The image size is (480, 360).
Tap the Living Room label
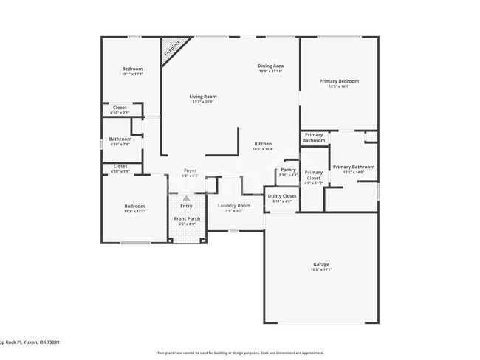tap(202, 97)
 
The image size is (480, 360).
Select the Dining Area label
tap(270, 66)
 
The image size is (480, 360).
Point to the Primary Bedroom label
tap(339, 81)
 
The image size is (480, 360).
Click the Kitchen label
tap(263, 144)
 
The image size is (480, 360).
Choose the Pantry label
tap(288, 170)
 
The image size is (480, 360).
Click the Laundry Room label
tap(233, 205)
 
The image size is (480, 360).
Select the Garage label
tap(321, 264)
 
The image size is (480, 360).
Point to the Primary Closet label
tap(314, 175)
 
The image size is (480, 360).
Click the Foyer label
tap(190, 170)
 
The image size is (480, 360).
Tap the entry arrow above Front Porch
tap(186, 198)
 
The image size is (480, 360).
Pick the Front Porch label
tap(187, 219)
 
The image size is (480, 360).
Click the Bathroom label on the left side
tap(120, 139)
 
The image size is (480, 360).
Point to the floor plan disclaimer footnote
tap(239, 353)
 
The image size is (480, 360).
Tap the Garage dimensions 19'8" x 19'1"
tap(321, 269)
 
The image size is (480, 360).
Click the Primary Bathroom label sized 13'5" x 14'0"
tap(353, 167)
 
